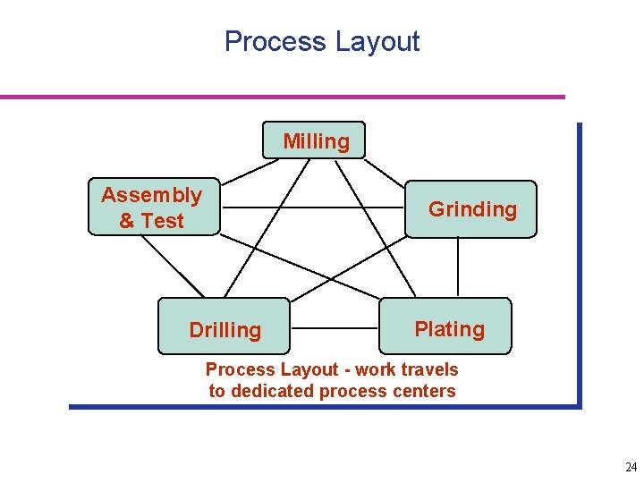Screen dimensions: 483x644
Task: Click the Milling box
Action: [x=315, y=140]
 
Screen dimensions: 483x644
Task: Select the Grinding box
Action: [x=471, y=209]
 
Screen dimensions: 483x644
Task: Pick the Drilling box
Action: [x=225, y=329]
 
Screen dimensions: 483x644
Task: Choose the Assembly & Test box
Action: [x=153, y=208]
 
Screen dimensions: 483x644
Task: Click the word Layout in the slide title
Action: [x=377, y=42]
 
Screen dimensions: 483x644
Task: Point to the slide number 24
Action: [x=631, y=467]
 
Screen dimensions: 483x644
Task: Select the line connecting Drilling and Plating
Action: [x=336, y=328]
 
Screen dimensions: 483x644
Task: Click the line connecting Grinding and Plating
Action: [x=459, y=267]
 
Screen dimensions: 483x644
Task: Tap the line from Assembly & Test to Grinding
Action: [x=313, y=208]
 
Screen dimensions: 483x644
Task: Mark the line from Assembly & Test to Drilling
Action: [x=174, y=267]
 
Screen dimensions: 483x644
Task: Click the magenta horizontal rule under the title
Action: [x=283, y=97]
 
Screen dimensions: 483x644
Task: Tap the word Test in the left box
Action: [x=163, y=221]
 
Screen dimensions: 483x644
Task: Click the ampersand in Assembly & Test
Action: [x=126, y=221]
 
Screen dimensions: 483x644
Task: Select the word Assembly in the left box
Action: [x=151, y=195]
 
